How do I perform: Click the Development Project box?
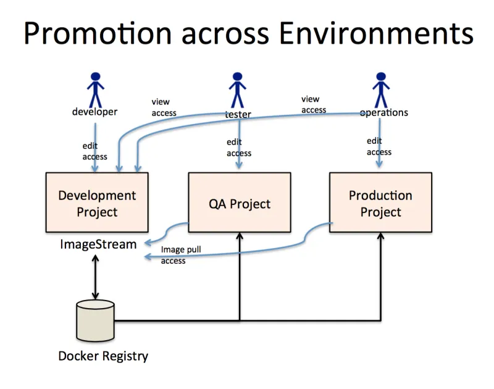pos(97,203)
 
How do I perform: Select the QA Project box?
pos(239,203)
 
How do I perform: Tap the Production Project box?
pos(380,203)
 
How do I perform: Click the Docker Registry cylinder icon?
pos(95,320)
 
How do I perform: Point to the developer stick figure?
pos(95,89)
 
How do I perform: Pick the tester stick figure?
pos(238,90)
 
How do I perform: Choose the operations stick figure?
pos(380,90)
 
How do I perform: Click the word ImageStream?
pos(98,244)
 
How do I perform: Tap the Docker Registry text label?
pos(103,356)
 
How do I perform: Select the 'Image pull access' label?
pos(180,255)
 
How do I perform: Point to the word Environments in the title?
pos(376,33)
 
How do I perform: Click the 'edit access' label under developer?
pos(94,151)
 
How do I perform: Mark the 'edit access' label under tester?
pos(239,148)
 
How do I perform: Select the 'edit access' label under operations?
pos(379,146)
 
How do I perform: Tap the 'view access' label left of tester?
pos(164,107)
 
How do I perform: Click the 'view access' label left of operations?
pos(314,104)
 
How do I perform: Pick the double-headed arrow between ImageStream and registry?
pos(94,277)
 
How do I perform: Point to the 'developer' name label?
pos(94,112)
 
